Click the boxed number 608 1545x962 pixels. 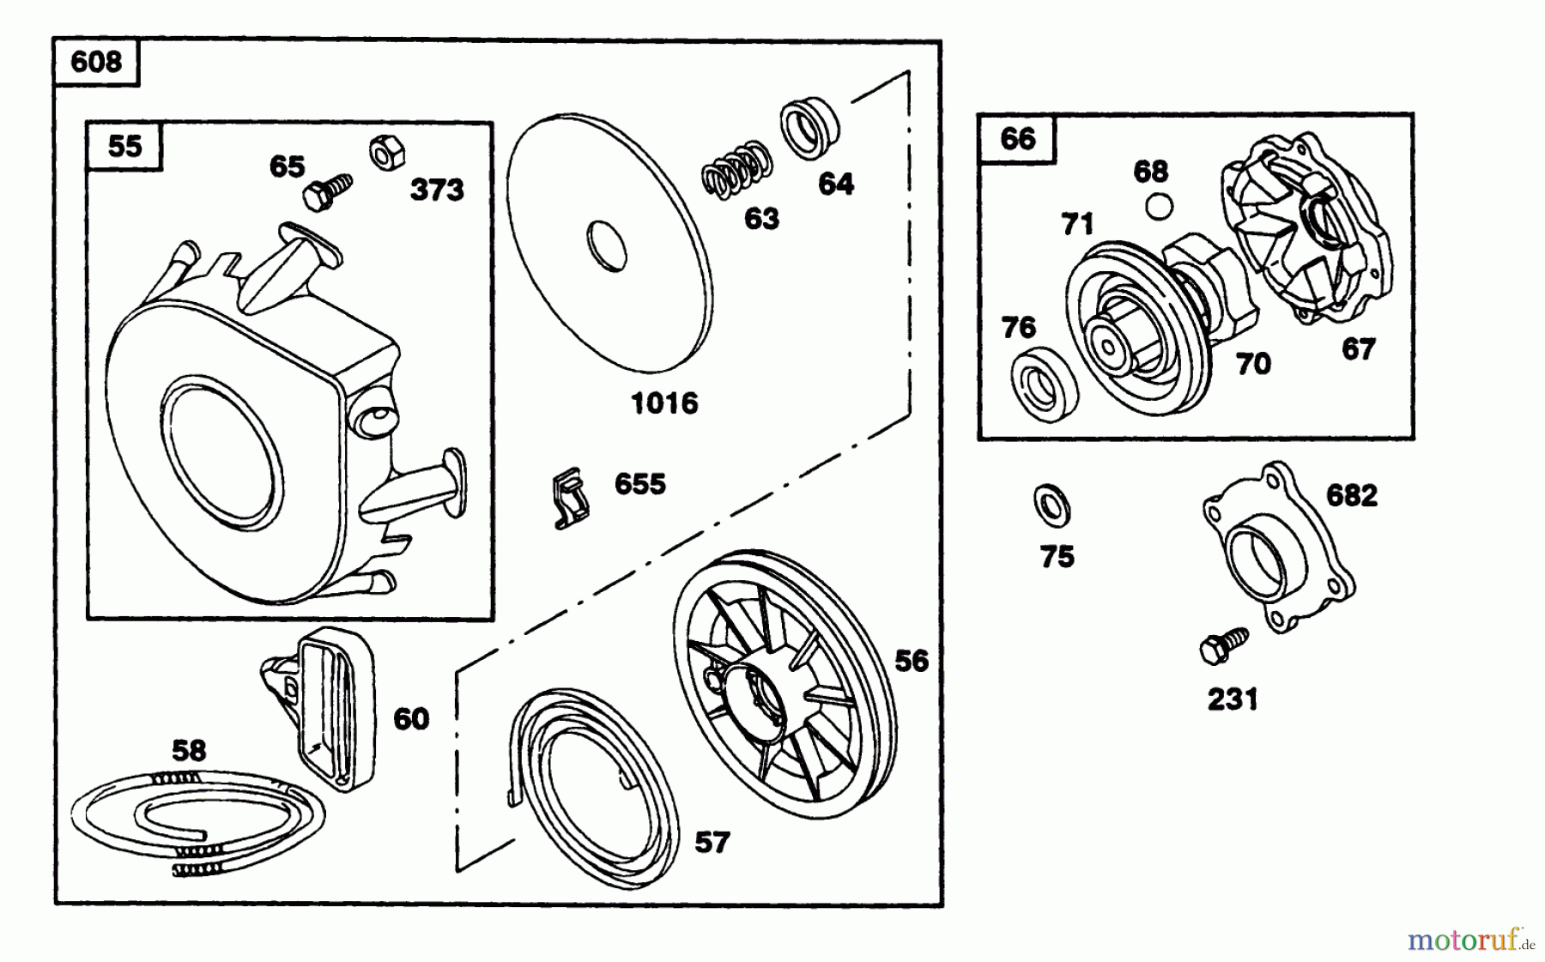(x=95, y=63)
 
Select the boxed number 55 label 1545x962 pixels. (x=124, y=146)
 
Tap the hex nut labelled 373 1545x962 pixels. (x=383, y=154)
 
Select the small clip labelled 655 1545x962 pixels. (x=569, y=498)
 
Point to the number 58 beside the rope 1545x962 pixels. (x=189, y=751)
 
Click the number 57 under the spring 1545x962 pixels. (x=712, y=843)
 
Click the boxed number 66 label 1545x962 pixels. (x=1017, y=139)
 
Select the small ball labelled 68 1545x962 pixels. (x=1160, y=207)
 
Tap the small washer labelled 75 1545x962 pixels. (x=1051, y=506)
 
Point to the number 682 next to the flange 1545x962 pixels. (x=1351, y=496)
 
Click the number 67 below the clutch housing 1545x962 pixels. (x=1358, y=349)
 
